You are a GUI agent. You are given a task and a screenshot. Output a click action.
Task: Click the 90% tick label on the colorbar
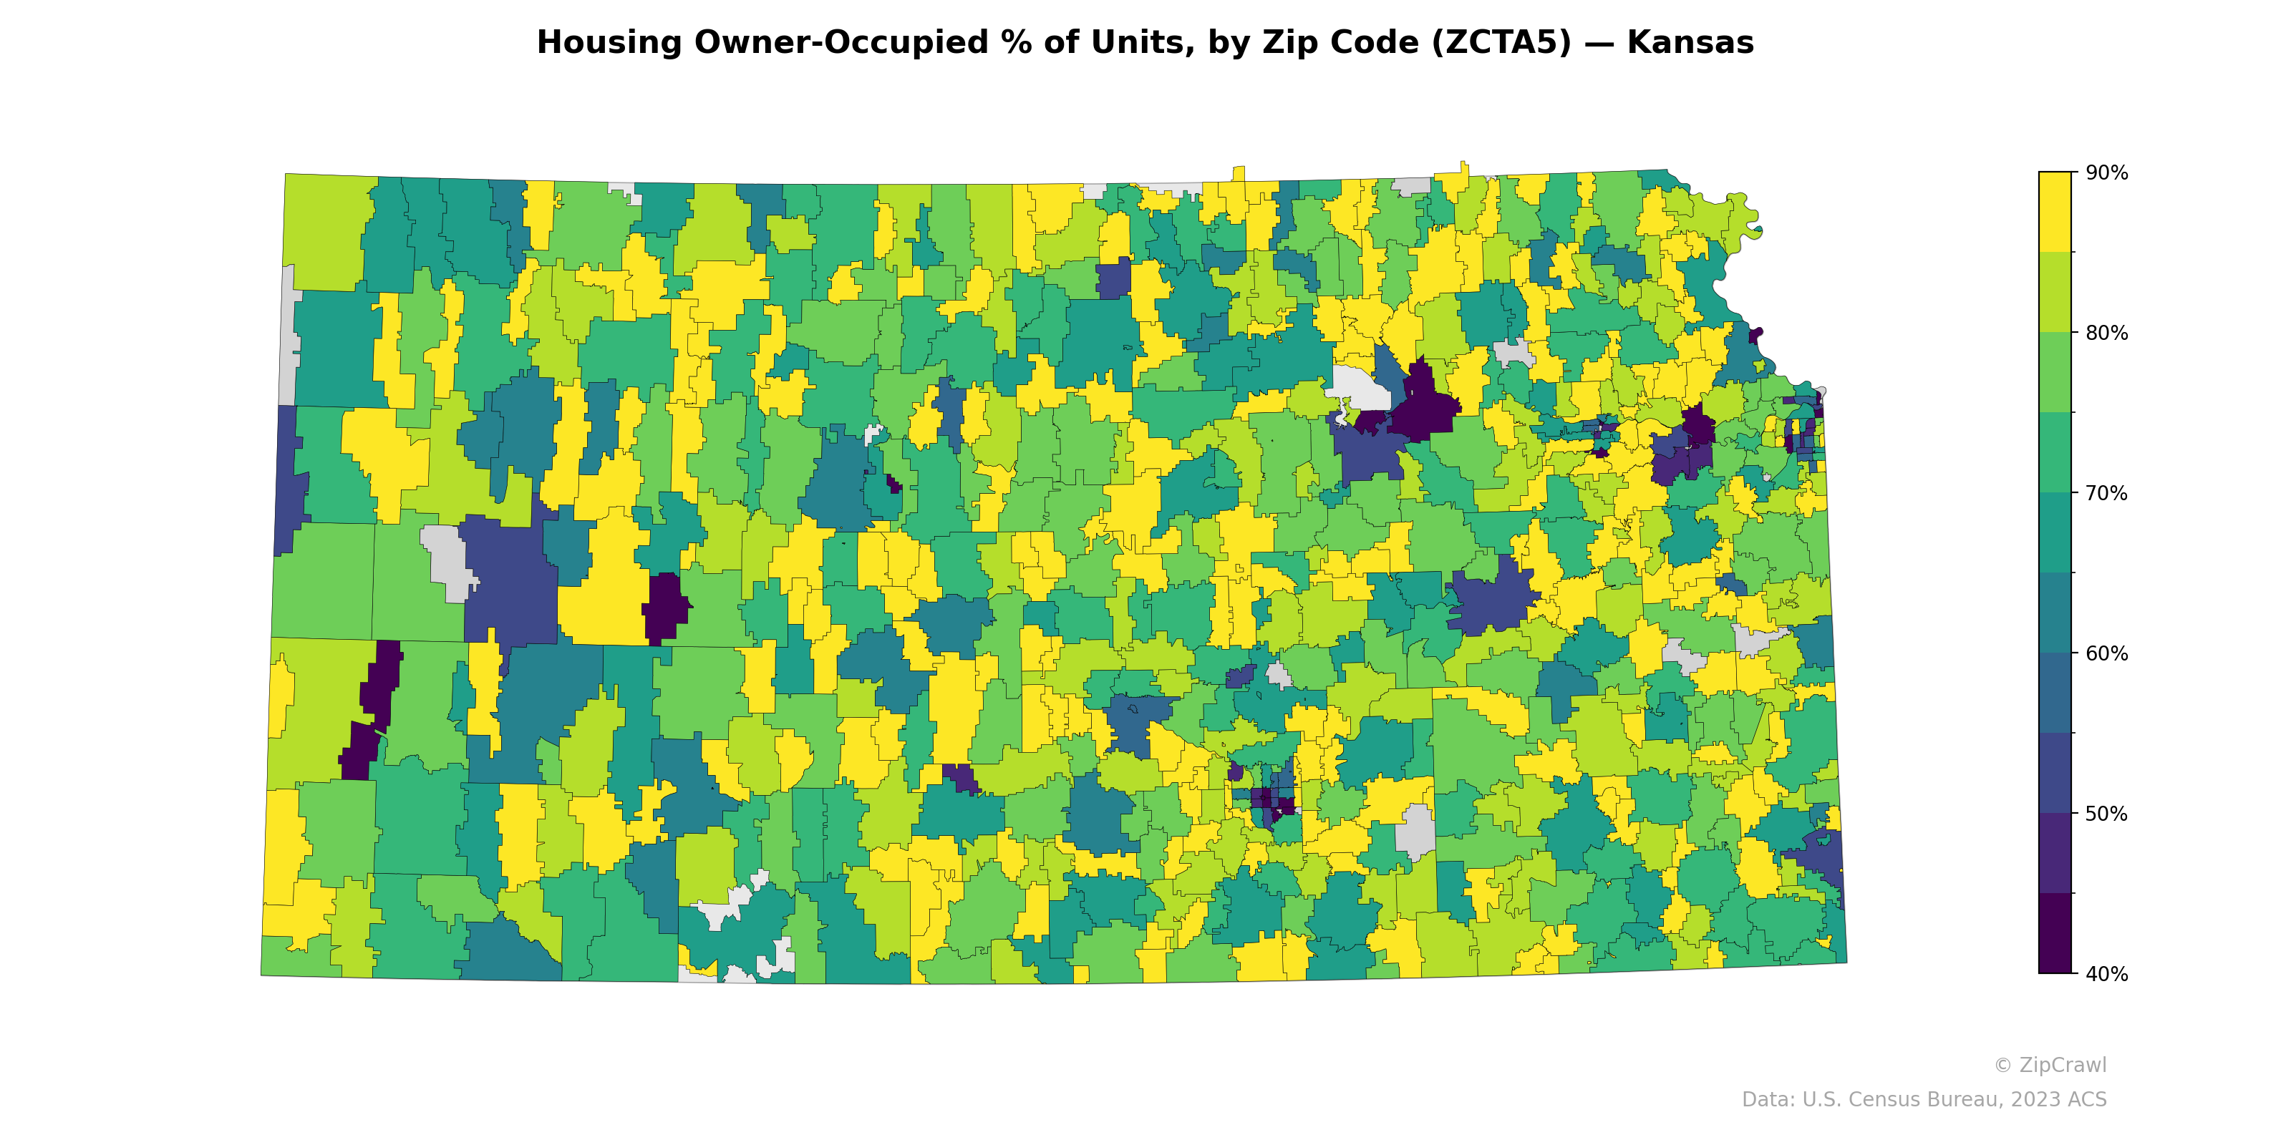(2106, 172)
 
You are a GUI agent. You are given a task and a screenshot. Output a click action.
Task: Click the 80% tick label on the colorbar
(2106, 333)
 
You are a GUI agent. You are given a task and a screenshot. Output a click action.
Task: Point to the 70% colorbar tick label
(2106, 492)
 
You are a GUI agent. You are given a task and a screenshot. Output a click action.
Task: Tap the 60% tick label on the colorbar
(2106, 653)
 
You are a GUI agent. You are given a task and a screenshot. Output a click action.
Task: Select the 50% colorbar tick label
(2106, 814)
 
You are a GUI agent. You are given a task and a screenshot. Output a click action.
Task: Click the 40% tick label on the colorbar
(2106, 973)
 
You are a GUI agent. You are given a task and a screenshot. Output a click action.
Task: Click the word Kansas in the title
(1690, 43)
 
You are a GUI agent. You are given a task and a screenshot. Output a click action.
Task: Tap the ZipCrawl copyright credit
(2049, 1065)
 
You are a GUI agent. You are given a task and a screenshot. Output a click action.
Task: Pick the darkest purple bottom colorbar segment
(2055, 933)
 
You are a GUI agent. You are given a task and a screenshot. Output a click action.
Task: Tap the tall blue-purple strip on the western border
(288, 480)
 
